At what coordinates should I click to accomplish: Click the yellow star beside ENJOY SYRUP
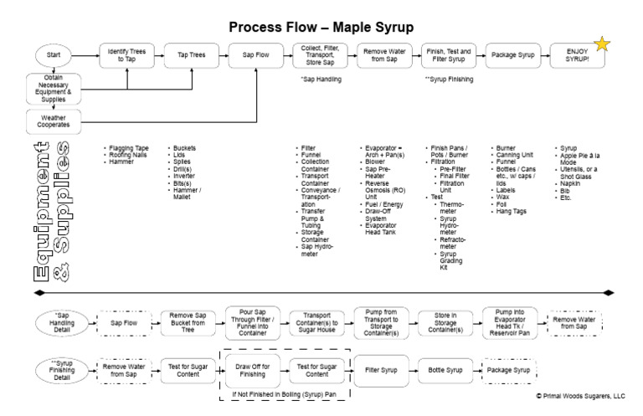(600, 44)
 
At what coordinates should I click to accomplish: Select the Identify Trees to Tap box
(126, 55)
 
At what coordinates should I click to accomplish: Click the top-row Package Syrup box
(511, 55)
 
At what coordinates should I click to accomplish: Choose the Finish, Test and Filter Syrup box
(448, 55)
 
